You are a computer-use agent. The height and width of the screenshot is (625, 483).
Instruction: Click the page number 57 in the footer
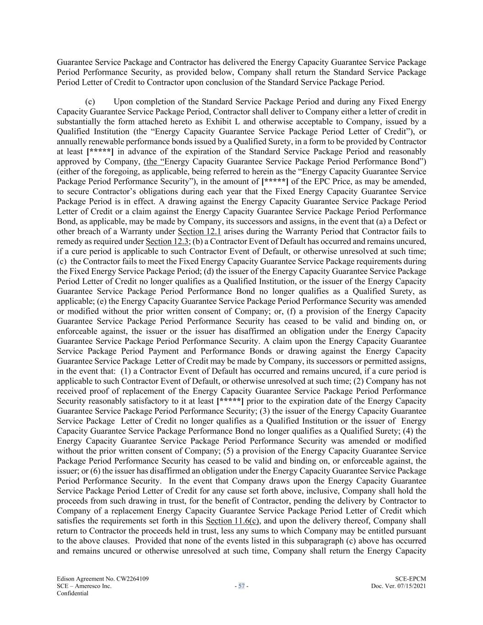pos(241,586)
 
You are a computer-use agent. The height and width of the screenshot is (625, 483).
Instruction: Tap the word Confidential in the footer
pos(72,593)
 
